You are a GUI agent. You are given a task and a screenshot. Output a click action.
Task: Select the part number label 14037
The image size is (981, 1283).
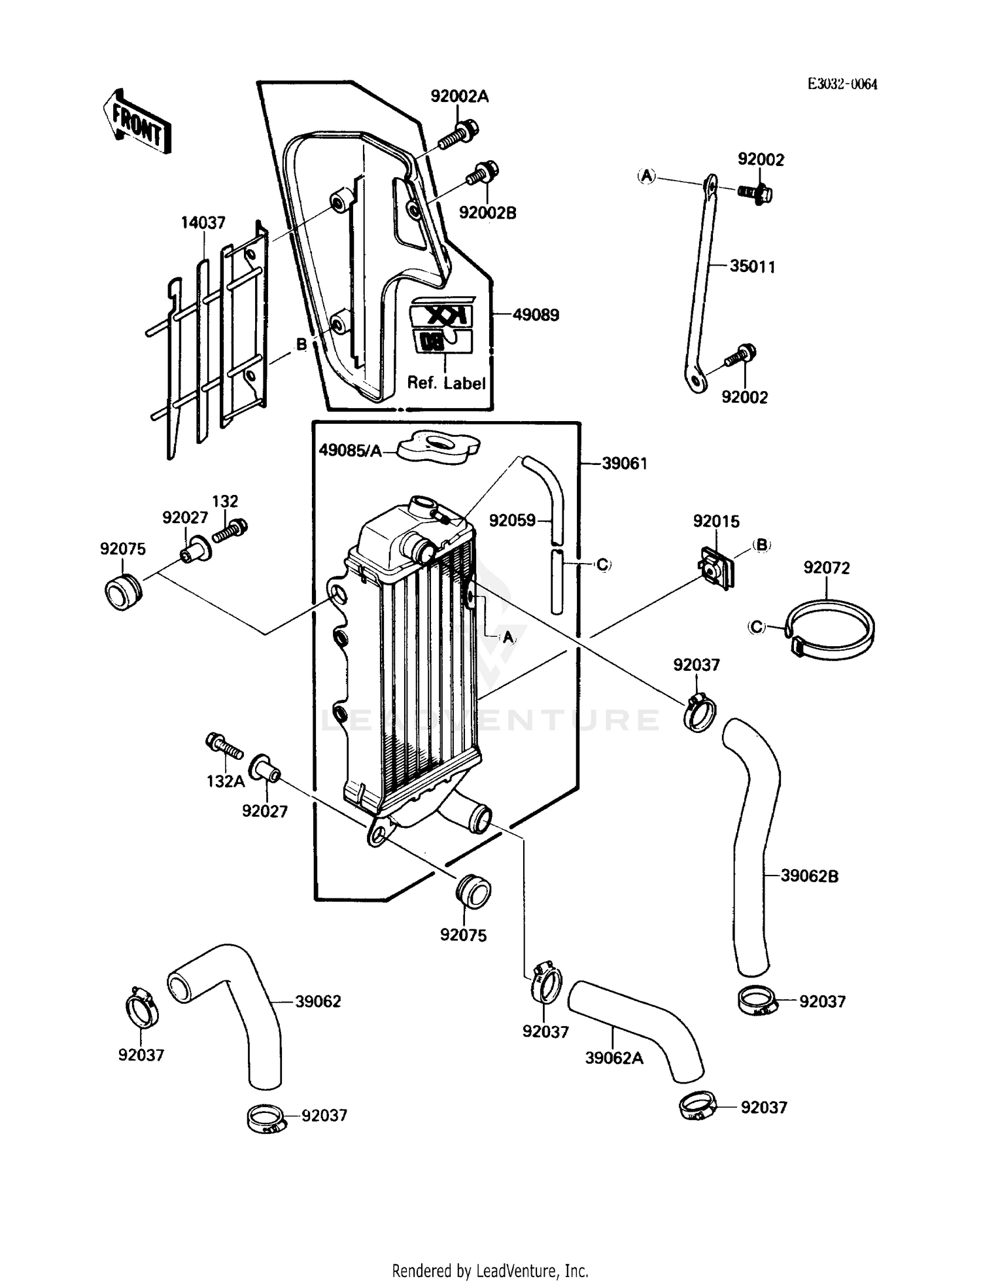(203, 223)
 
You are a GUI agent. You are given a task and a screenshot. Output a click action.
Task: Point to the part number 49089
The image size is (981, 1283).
(536, 315)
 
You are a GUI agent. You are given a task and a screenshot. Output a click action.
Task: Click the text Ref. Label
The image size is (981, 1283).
(446, 383)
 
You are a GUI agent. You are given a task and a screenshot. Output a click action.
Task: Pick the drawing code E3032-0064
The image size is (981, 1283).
(842, 84)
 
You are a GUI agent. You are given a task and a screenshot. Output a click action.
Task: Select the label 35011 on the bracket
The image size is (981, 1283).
(752, 267)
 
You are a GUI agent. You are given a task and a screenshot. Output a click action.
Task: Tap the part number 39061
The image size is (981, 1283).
(624, 464)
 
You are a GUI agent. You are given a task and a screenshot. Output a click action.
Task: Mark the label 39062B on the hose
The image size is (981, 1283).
(809, 876)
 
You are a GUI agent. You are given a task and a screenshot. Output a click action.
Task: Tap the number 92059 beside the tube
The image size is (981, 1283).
(512, 521)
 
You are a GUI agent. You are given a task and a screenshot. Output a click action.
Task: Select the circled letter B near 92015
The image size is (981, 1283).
(762, 545)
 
